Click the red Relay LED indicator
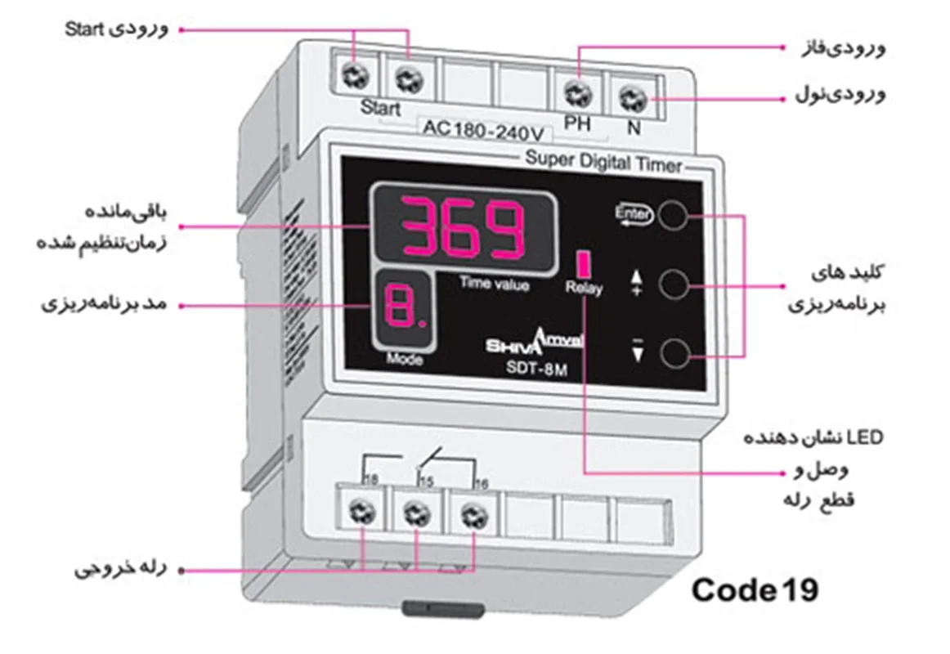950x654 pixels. click(x=584, y=264)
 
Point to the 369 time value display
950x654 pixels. click(x=464, y=228)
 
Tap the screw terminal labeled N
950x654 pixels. click(x=632, y=100)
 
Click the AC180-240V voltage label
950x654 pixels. click(x=482, y=129)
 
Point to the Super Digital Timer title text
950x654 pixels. click(x=603, y=164)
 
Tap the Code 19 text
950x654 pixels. click(x=754, y=589)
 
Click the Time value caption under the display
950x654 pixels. click(x=494, y=284)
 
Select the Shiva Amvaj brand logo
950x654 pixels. click(x=535, y=341)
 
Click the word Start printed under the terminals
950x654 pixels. click(x=380, y=108)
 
